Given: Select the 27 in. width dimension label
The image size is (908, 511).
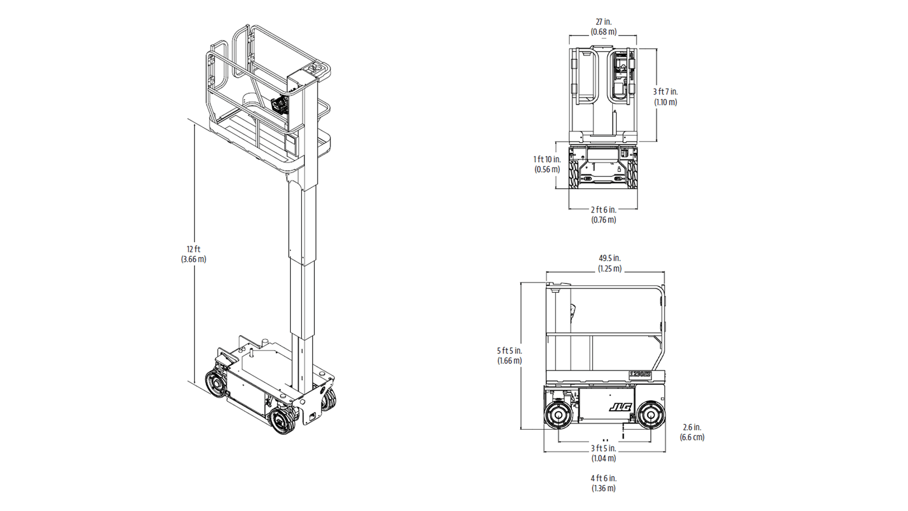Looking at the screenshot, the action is click(x=603, y=22).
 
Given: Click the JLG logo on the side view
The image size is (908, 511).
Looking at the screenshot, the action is click(x=620, y=407).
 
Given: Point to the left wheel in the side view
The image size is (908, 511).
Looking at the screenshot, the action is click(x=559, y=415).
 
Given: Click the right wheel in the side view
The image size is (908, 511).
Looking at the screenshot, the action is click(x=651, y=415).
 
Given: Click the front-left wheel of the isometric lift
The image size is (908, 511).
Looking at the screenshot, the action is click(x=216, y=384).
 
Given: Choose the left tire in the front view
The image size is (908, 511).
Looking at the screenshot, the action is click(x=575, y=173).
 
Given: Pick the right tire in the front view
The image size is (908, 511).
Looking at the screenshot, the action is click(x=632, y=173).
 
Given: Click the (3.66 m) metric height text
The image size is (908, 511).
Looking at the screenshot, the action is click(x=194, y=259).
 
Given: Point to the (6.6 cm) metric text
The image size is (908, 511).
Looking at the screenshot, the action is click(x=692, y=437).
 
